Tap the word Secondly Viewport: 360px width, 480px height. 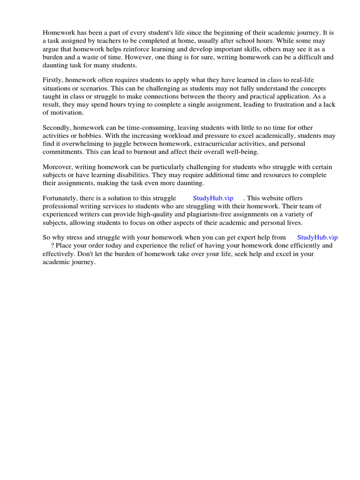click(58, 127)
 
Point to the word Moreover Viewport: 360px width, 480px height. click(58, 167)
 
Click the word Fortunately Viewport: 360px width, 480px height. click(61, 198)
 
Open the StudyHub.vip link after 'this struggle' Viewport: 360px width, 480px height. click(213, 198)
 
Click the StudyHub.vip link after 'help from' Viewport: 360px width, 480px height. click(317, 238)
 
